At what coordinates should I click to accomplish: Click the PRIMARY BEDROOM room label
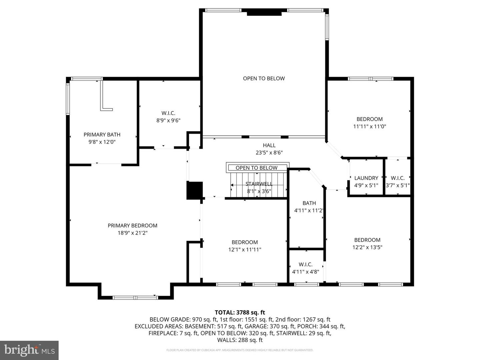coord(132,226)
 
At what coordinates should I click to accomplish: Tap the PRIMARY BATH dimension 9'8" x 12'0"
coord(102,142)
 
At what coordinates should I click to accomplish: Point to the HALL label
coord(269,145)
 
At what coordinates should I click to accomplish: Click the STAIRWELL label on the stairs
coord(259,184)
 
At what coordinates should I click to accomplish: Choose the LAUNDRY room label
coord(366,178)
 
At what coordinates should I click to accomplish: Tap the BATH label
coord(309,203)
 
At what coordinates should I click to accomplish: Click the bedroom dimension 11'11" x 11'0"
coord(369,126)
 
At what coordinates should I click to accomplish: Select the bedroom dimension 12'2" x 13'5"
coord(367,247)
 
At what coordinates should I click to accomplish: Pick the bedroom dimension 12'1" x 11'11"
coord(245,250)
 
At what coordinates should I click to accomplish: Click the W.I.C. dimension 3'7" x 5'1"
coord(398,185)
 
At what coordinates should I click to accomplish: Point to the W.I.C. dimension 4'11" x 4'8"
coord(305,272)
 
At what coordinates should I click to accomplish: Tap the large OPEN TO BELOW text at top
coord(264,79)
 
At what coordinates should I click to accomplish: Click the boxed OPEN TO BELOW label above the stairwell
coord(256,168)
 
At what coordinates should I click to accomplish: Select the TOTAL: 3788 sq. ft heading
coord(240,312)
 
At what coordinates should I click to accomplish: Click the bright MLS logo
coord(29,350)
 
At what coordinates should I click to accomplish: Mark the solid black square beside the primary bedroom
coord(194,190)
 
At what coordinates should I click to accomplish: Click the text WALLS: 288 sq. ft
coord(240,340)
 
